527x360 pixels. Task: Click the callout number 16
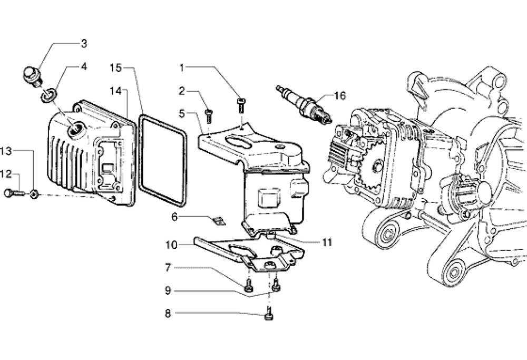[x=339, y=96]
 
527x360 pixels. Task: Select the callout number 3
[x=84, y=43]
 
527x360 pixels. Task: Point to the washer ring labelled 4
[x=48, y=94]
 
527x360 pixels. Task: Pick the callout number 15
[x=115, y=68]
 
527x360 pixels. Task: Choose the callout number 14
[x=115, y=91]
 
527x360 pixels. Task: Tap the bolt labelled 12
[x=14, y=193]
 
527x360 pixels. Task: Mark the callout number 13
[x=6, y=151]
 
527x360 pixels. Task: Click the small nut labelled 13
[x=34, y=194]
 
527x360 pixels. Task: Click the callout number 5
[x=181, y=114]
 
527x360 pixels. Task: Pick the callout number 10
[x=171, y=245]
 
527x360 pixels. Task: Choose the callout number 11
[x=327, y=242]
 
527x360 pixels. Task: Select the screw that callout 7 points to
[x=249, y=286]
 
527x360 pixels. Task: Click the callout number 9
[x=168, y=290]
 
